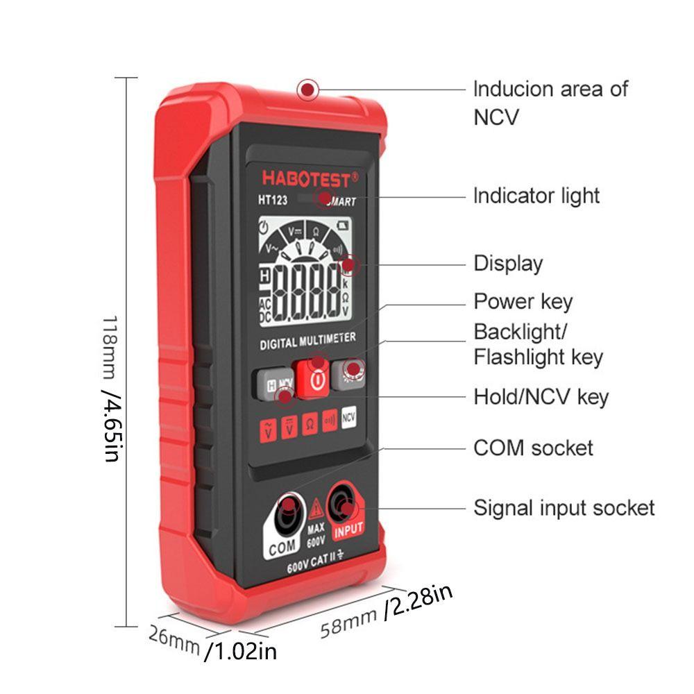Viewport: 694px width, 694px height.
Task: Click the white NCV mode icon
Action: [x=349, y=418]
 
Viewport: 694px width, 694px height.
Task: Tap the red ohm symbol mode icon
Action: [x=310, y=425]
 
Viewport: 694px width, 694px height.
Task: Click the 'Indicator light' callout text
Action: [x=536, y=196]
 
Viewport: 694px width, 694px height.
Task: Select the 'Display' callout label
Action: [x=508, y=264]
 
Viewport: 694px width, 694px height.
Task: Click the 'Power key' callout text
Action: [x=523, y=302]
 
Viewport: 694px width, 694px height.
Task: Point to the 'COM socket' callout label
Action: [x=533, y=448]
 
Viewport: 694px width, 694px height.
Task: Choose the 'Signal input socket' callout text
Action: [x=564, y=507]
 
